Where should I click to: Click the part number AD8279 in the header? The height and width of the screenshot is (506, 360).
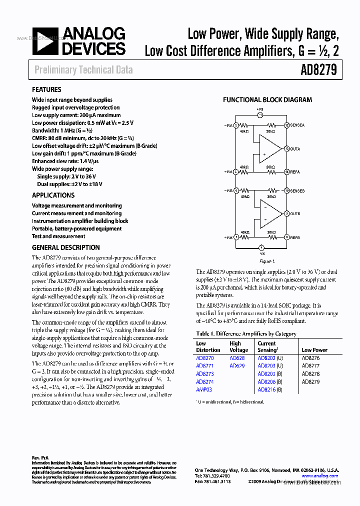tap(319, 70)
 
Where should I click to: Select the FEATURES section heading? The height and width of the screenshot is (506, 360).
tap(46, 89)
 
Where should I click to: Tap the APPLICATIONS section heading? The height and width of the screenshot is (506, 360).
tap(53, 195)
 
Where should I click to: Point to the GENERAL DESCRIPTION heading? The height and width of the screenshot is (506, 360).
tap(65, 247)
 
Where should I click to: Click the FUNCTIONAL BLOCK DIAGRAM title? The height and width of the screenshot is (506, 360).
tap(267, 100)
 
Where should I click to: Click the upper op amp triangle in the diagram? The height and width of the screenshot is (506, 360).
tap(270, 148)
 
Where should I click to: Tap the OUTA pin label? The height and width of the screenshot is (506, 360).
tap(295, 148)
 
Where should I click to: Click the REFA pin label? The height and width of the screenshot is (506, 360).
tap(295, 172)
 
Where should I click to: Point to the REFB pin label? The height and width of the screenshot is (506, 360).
tap(295, 237)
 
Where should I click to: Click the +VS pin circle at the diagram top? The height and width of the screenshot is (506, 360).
tap(260, 115)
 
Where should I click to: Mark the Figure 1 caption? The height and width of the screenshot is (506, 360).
tap(267, 261)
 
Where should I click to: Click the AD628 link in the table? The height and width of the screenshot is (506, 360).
tap(237, 358)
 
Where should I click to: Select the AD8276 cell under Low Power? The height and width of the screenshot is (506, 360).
tap(310, 358)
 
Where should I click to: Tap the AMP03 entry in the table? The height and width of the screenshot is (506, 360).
tap(204, 389)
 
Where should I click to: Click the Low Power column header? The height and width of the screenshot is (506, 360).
tap(314, 350)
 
